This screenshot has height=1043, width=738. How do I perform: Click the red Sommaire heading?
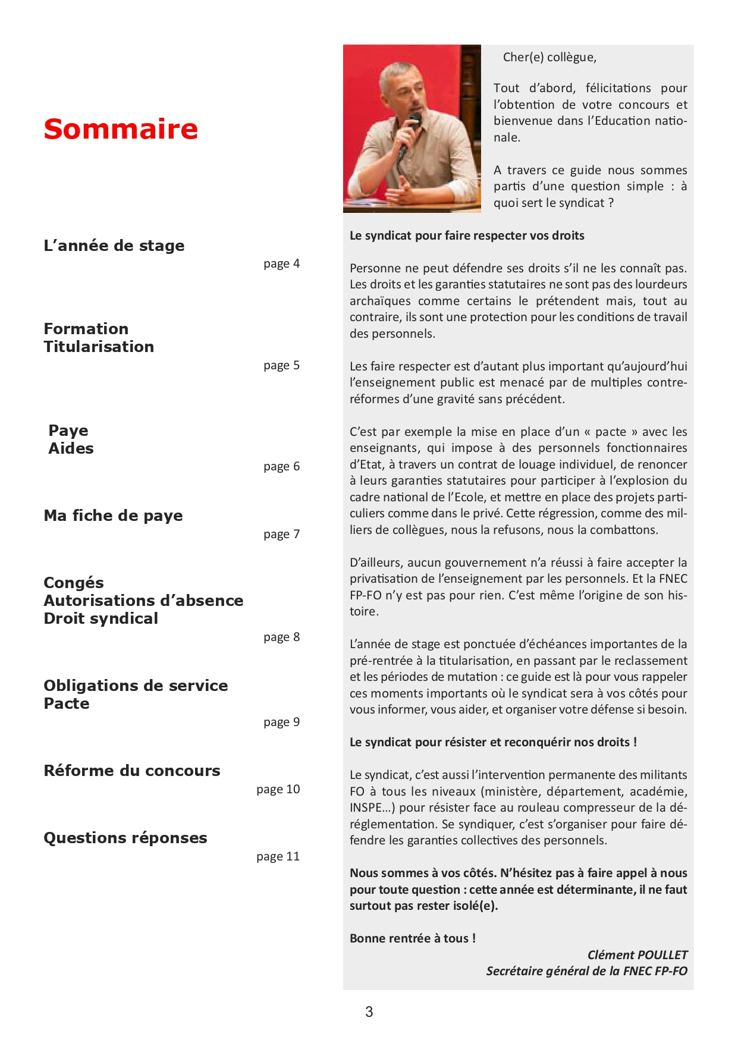[x=121, y=129]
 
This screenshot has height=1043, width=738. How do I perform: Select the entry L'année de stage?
[x=114, y=246]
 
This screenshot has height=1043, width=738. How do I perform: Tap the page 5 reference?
[x=281, y=365]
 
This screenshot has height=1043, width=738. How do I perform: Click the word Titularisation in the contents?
[x=99, y=347]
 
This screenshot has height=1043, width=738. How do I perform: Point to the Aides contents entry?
[x=71, y=448]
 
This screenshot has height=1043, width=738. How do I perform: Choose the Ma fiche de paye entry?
[x=113, y=516]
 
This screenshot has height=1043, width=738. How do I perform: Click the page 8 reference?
[x=281, y=637]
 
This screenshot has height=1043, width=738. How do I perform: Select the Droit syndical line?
[x=101, y=618]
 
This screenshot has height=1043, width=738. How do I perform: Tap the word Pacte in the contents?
[x=67, y=703]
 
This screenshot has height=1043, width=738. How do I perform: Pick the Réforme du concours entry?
[x=132, y=771]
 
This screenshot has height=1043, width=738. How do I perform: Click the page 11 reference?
[x=278, y=856]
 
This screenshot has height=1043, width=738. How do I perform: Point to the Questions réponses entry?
[x=125, y=838]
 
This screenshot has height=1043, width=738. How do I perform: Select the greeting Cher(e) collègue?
[x=549, y=57]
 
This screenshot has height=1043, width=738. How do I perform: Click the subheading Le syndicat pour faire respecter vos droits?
[x=467, y=235]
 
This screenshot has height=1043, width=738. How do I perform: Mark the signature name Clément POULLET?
[x=637, y=955]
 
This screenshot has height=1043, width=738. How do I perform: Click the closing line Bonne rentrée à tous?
[x=413, y=938]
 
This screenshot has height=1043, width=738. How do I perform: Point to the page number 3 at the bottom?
[x=369, y=1011]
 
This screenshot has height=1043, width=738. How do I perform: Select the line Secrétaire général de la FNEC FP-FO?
[x=586, y=971]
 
